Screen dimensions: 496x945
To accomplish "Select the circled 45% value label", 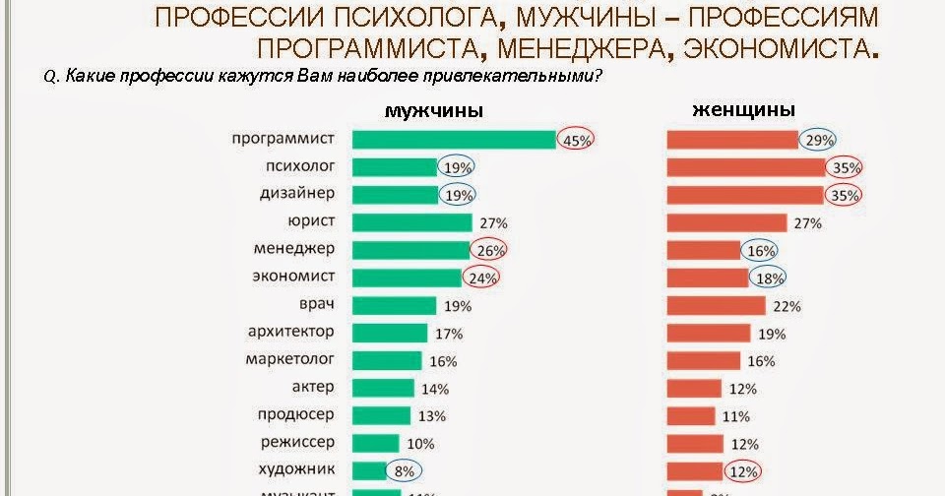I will pos(577,140).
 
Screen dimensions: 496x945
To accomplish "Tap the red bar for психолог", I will pos(745,167).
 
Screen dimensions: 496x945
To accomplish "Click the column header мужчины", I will pos(433,111).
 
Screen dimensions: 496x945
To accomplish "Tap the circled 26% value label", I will pos(489,251).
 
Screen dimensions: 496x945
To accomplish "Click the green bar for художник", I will pos(368,469).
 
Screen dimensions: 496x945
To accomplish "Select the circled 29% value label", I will pos(818,140).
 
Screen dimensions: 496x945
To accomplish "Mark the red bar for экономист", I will pos(708,278).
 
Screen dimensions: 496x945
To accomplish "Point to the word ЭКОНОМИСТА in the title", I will pos(776,47).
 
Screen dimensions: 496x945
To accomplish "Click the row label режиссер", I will pos(299,442).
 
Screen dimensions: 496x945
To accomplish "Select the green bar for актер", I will pos(385,388).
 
